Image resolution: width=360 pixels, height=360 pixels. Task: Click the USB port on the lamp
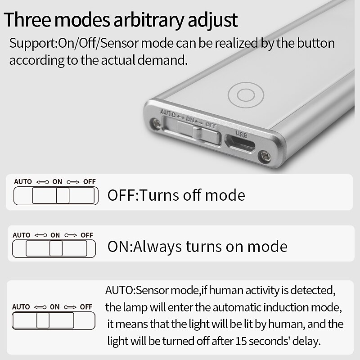tap(240, 144)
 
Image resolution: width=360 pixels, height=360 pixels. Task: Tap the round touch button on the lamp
tap(246, 94)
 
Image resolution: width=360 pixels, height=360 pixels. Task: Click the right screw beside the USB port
tap(265, 157)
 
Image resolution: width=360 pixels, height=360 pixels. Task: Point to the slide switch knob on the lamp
tap(198, 132)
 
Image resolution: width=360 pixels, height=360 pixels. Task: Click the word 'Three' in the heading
tap(27, 20)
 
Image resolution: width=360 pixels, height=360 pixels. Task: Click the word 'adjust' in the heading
tap(213, 21)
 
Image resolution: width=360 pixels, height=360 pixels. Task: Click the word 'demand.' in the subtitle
tap(162, 60)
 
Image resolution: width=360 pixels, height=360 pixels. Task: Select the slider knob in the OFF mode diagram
tap(63, 195)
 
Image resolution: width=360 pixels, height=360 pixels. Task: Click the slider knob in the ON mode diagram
tap(56, 248)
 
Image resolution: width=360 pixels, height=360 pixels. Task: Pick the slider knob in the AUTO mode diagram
tap(43, 320)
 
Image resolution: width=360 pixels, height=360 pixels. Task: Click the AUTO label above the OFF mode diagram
tap(23, 182)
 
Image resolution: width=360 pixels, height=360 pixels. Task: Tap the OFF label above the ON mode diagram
tap(87, 235)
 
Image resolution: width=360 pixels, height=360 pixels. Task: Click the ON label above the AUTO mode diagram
tap(54, 307)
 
